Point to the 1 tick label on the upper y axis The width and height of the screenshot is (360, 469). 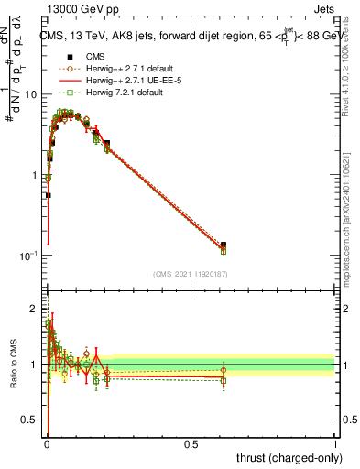[x=34, y=175]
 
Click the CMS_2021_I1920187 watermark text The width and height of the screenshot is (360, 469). [x=190, y=273]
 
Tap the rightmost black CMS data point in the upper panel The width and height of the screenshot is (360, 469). [x=224, y=245]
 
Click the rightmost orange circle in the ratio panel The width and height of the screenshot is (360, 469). [x=224, y=370]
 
